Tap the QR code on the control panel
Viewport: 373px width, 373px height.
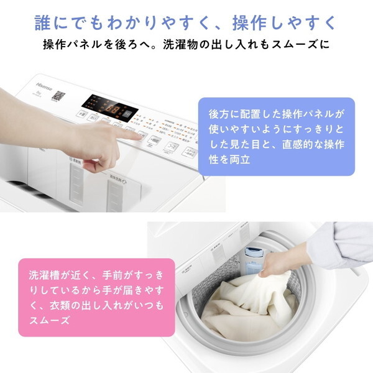click(58, 97)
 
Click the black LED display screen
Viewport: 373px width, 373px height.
click(109, 108)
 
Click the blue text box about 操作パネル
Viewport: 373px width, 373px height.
click(276, 136)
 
